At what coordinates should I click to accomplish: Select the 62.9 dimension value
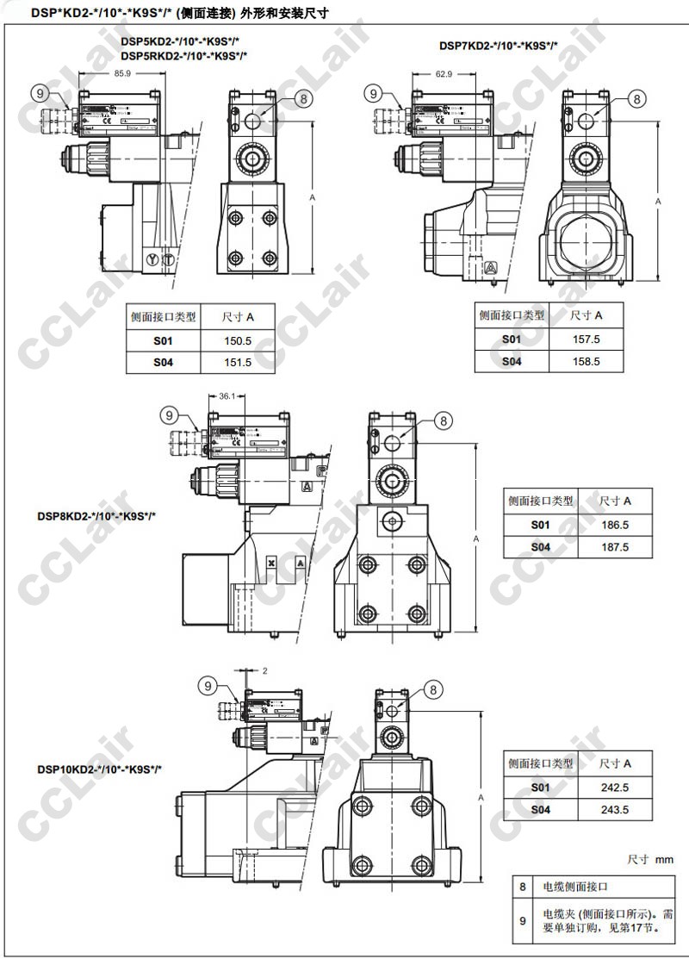(x=444, y=74)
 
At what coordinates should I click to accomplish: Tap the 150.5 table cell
(x=237, y=341)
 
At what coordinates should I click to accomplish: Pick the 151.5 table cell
(x=237, y=363)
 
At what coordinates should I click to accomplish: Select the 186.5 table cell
(x=615, y=525)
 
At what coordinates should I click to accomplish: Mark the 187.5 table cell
(x=615, y=547)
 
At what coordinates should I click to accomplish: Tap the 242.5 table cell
(x=615, y=788)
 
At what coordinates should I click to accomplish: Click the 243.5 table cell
(x=615, y=810)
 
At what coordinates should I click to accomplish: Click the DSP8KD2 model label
(x=96, y=517)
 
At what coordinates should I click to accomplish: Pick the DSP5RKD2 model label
(x=184, y=55)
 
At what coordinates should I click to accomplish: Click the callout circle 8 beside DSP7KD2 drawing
(x=636, y=99)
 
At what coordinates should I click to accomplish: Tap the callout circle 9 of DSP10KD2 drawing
(x=208, y=686)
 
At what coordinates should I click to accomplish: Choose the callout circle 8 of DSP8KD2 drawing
(x=443, y=420)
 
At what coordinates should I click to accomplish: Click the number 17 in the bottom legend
(x=631, y=928)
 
